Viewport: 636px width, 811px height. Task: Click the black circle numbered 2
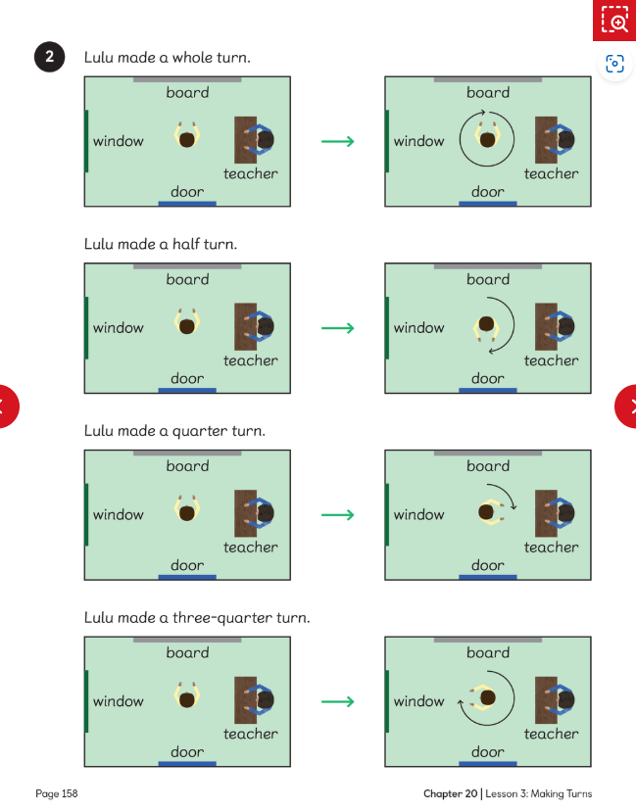50,57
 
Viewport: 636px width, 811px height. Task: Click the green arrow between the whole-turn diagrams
337,141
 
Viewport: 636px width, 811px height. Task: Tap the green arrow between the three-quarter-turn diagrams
337,701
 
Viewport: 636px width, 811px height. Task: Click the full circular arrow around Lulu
514,140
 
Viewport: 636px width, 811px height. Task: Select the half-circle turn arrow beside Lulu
514,326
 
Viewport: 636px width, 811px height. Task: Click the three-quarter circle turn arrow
514,698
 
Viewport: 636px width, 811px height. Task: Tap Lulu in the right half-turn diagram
486,328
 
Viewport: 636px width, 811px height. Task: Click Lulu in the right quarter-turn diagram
491,512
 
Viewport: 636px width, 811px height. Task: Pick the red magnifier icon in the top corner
614,21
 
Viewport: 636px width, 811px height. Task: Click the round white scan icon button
614,64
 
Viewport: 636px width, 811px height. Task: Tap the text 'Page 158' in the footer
57,793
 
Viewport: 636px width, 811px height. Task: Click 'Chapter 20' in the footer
450,793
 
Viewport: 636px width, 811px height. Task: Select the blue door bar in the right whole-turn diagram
487,204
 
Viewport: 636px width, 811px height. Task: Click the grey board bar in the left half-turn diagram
187,266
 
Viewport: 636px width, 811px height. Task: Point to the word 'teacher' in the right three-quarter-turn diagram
551,734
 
